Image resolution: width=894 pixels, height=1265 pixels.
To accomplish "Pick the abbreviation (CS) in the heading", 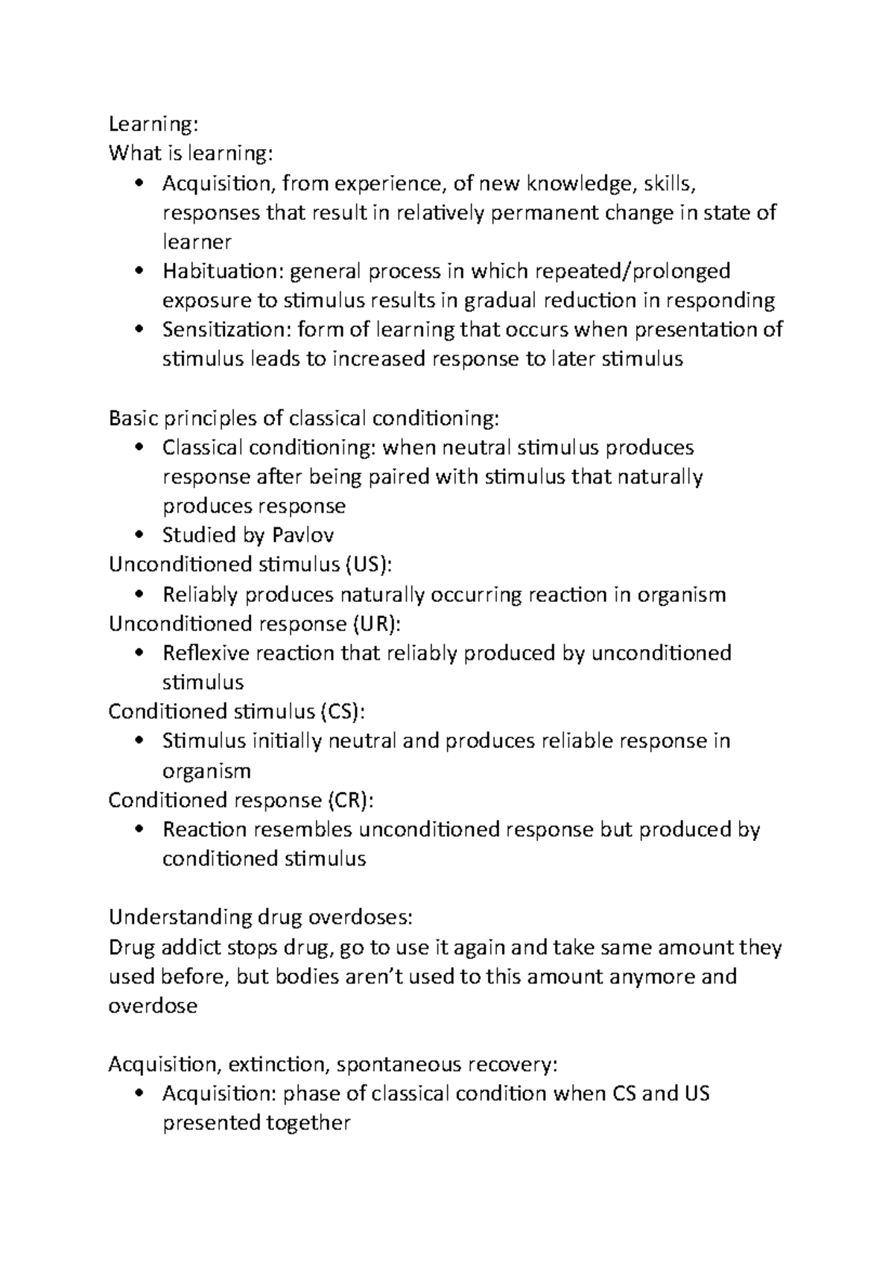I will click(343, 711).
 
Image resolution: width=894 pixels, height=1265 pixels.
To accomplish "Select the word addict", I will click(188, 948).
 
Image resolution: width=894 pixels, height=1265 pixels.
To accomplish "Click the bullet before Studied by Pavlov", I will click(139, 536).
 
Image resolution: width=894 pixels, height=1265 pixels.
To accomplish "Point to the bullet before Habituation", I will click(139, 271).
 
